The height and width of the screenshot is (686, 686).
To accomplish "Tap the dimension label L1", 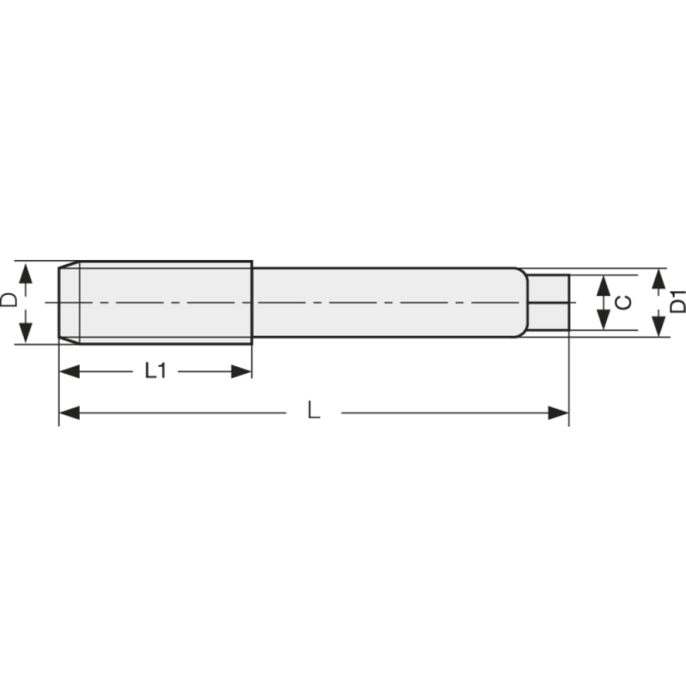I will pos(155,370).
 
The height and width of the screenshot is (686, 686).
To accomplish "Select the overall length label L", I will pos(314,412).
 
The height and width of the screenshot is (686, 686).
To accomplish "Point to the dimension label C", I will pos(625,302).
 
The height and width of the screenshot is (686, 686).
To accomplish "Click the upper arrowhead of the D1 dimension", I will pos(659,278).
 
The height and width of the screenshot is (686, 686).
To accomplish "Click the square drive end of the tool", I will pos(549,302).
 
